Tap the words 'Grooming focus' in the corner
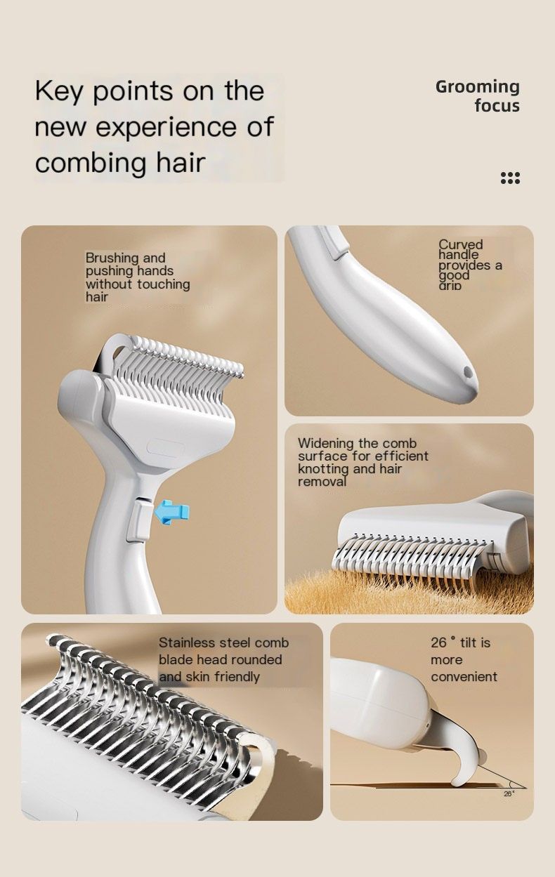(x=478, y=96)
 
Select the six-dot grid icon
(x=510, y=178)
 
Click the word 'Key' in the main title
(x=59, y=91)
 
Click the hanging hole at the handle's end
(x=468, y=371)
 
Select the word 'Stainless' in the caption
(x=186, y=643)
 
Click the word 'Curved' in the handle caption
(x=461, y=244)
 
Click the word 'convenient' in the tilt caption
(x=464, y=677)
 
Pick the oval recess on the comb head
(x=166, y=447)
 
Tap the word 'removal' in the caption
(x=322, y=482)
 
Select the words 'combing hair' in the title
(x=120, y=163)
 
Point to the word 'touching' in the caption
(x=164, y=284)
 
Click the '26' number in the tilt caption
(x=438, y=642)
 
